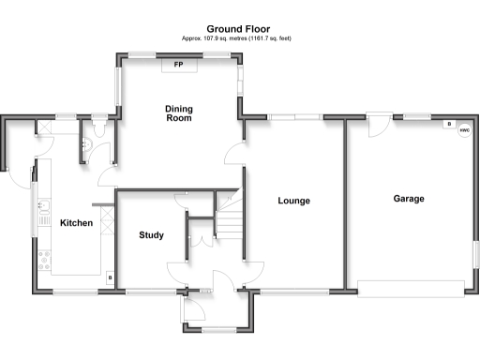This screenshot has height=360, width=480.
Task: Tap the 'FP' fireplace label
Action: click(x=178, y=65)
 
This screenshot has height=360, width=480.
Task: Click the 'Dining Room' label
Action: click(x=178, y=113)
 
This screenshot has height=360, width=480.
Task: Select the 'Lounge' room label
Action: click(x=293, y=201)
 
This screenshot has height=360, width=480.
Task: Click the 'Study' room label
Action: click(x=152, y=234)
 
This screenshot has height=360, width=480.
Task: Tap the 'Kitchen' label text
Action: click(x=76, y=223)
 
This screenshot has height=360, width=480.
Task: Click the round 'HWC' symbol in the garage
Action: click(x=463, y=130)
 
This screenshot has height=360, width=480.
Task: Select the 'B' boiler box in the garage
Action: click(x=448, y=124)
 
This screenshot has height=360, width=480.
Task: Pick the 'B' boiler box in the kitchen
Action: click(x=110, y=277)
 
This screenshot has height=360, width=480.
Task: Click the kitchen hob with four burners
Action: click(x=43, y=259)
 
